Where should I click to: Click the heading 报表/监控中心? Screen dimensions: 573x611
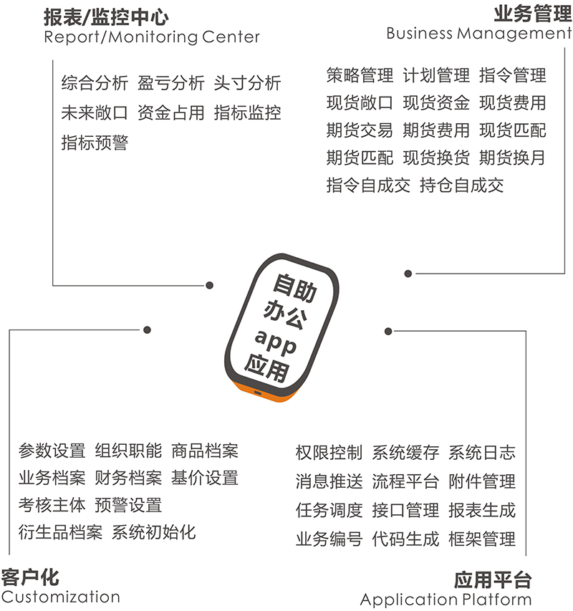point(106,17)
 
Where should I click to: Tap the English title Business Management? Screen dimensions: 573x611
point(479,34)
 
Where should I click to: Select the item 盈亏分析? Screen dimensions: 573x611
point(171,83)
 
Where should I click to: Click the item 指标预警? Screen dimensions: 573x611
point(95,143)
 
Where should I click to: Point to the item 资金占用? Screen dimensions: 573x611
point(171,113)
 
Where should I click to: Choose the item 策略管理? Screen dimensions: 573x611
point(360,75)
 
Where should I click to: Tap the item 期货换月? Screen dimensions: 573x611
point(512,158)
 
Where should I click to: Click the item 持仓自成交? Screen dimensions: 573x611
point(461,186)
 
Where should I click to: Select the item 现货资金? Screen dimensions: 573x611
point(436,103)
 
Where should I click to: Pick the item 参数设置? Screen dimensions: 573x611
point(52,451)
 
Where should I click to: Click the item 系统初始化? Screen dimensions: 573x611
point(153,532)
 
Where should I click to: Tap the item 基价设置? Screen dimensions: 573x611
point(205,478)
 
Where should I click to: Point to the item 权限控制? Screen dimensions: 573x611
point(329,453)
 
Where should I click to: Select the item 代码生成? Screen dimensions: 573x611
point(405,539)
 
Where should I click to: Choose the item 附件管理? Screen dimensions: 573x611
point(482,481)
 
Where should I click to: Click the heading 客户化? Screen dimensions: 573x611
point(30,577)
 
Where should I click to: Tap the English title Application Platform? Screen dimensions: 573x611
point(446,600)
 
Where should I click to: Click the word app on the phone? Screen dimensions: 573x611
point(276,342)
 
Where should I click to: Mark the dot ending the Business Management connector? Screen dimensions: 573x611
point(408,274)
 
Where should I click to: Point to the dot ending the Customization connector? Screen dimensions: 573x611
point(147,330)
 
